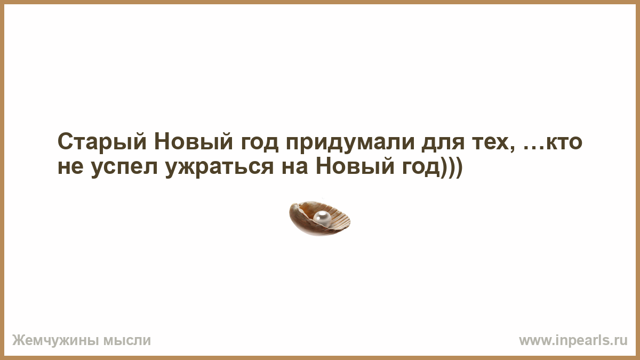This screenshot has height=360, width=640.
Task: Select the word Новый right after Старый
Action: click(x=194, y=141)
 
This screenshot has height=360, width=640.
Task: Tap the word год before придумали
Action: click(x=259, y=143)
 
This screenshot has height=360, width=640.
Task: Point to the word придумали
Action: click(x=350, y=143)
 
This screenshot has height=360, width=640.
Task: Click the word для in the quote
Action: click(x=443, y=143)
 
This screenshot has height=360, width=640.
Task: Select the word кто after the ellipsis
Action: click(x=563, y=142)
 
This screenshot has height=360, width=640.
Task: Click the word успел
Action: click(x=124, y=169)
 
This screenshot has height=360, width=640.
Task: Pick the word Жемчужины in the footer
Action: click(x=55, y=341)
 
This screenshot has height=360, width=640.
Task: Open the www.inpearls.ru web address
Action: click(x=573, y=341)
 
